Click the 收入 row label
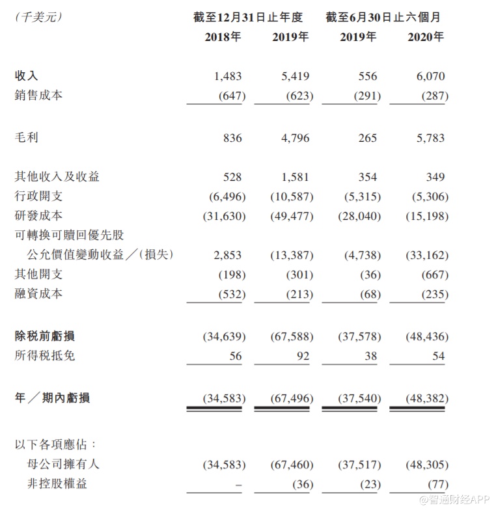pyautogui.click(x=26, y=76)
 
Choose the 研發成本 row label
pyautogui.click(x=38, y=215)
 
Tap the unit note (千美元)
pyautogui.click(x=38, y=18)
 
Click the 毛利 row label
pyautogui.click(x=26, y=138)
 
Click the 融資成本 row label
pyautogui.click(x=38, y=293)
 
